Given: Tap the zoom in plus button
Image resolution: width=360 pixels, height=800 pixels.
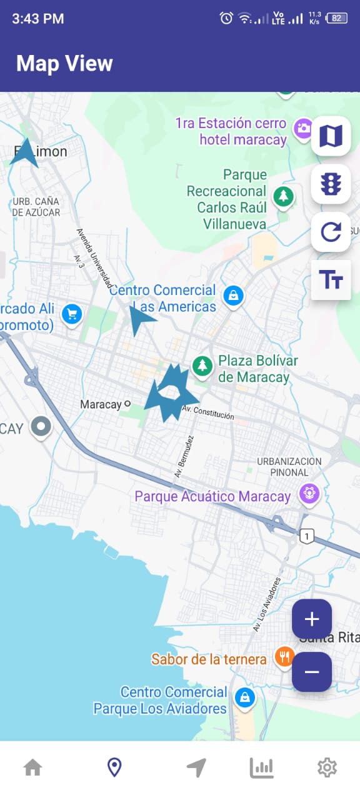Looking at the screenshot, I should pos(312,619).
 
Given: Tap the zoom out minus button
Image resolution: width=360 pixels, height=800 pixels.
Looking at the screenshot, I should pos(312,672).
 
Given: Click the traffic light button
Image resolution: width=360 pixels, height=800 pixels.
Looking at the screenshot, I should pos(331,184).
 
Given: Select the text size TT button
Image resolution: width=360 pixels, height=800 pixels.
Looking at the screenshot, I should pos(331,280).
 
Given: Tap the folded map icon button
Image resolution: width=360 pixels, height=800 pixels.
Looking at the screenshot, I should pos(331,136).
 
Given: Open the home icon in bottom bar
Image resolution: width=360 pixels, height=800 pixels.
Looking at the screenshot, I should pos(32,767).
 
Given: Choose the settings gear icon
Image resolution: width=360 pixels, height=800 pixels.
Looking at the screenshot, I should pos(327,767).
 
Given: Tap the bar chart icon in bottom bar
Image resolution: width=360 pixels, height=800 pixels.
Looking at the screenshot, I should pos(262,767).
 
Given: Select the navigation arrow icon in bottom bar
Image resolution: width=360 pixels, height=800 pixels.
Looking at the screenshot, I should pos(196,767).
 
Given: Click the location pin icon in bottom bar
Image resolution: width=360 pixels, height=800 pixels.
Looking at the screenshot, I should pos(114,767).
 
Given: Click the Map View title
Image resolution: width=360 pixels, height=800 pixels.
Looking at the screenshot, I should pos(64,64).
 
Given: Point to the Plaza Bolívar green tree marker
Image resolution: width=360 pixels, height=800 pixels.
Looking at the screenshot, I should pos(202,366).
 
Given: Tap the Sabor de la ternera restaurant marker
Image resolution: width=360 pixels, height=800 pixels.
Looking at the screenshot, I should pos(285,657).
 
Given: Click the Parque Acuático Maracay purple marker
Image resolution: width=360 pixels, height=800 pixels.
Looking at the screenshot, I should pos(309,493).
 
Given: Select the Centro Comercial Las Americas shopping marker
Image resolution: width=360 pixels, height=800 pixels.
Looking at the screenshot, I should pos(233,296).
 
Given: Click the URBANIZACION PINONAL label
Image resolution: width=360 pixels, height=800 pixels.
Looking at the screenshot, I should pos(289,467).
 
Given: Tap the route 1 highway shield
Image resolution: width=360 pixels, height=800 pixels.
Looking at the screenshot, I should pos(306,536).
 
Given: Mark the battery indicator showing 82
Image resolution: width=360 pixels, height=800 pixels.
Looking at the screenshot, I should pos(336,18).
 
